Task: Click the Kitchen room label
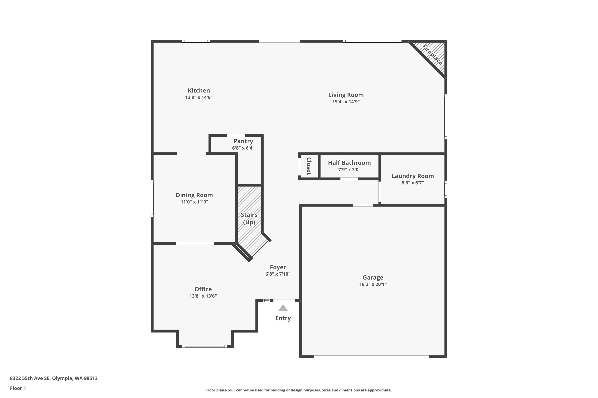199,91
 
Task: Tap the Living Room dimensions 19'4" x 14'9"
346,102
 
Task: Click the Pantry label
243,141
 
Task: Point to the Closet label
309,166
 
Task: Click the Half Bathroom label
349,163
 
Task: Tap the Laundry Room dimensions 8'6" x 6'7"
413,183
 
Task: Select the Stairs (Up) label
249,219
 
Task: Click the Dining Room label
194,195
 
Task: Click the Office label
203,289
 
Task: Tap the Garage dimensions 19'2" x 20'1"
373,284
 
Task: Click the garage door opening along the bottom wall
372,357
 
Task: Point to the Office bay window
205,346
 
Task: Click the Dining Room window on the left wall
152,198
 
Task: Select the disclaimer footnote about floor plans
299,390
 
